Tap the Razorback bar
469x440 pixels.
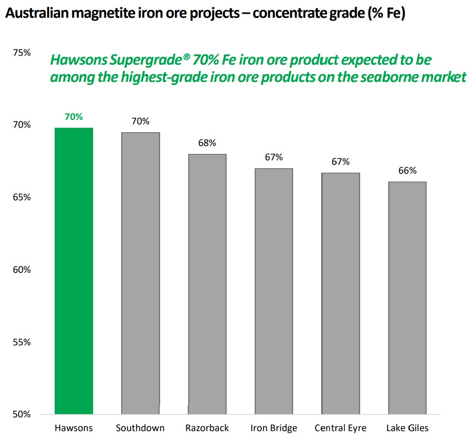pos(207,284)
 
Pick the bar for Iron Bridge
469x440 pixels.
pos(273,291)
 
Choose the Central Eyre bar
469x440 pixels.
pos(340,293)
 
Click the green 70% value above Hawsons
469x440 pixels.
pos(74,117)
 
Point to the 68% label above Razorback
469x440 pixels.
pos(207,143)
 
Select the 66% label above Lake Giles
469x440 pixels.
pos(407,171)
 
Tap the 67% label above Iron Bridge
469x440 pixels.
pos(274,157)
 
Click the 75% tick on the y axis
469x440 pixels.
pos(22,53)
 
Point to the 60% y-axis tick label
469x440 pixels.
pos(22,270)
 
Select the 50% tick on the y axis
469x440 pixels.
pos(22,414)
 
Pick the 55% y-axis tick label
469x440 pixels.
pos(22,342)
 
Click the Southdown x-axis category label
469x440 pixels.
pos(140,428)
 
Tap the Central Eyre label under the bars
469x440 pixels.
pos(340,428)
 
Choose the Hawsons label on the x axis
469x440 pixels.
pos(74,428)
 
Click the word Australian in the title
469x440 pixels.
pos(37,14)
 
